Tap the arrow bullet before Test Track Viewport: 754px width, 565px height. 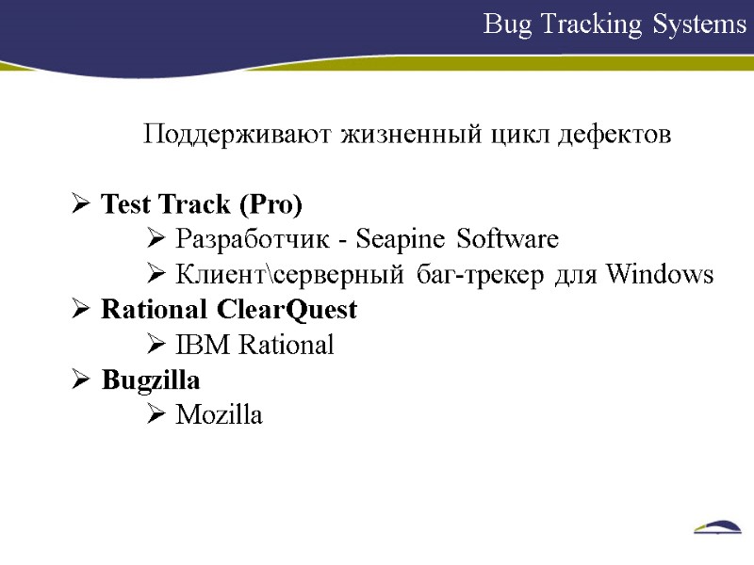[81, 204]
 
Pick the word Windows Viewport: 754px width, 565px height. [659, 274]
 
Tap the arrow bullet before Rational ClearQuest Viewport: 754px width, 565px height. [81, 309]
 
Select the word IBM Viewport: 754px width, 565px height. [203, 345]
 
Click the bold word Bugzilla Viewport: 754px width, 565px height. [151, 379]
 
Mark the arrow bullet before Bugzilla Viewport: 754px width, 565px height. [81, 379]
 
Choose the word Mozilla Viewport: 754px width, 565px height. [220, 414]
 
